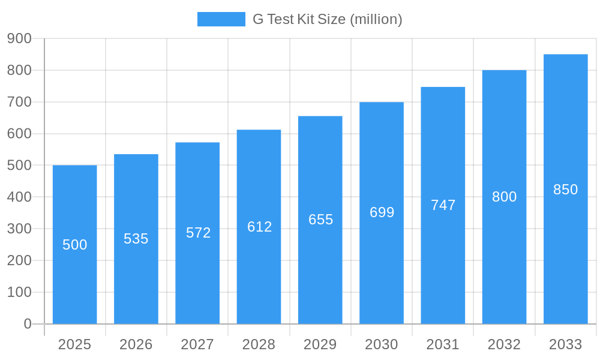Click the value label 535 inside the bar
tap(136, 239)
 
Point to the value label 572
tap(199, 233)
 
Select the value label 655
tap(320, 220)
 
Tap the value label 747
tap(443, 205)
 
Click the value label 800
tap(504, 197)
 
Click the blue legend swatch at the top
tap(221, 19)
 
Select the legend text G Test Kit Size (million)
tap(327, 19)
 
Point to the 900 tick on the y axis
tap(19, 38)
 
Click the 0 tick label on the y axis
tap(27, 324)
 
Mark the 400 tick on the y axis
tap(19, 197)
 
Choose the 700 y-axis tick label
tap(19, 102)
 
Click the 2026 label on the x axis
tap(136, 344)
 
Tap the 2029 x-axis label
tap(320, 344)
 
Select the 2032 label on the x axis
tap(504, 344)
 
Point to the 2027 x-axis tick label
tap(197, 344)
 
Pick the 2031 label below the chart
tap(443, 344)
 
